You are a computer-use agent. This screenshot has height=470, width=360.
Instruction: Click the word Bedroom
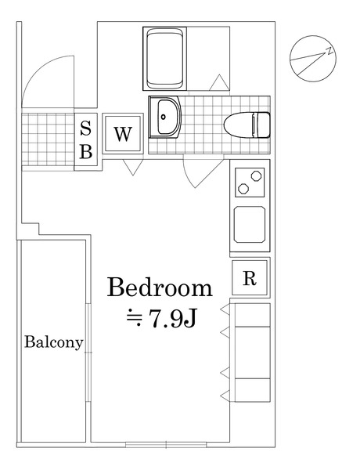[160, 287]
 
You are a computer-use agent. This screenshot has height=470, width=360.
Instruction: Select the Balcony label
[54, 342]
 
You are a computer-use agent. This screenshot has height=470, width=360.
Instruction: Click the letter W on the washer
[123, 134]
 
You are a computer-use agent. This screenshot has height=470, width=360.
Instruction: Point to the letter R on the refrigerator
[250, 278]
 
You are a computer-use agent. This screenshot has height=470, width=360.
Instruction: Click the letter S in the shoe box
[86, 128]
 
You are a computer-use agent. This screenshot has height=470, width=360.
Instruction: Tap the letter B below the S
[86, 151]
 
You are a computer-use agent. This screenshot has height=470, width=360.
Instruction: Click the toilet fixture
[247, 125]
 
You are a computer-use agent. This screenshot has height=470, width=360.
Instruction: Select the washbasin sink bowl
[167, 117]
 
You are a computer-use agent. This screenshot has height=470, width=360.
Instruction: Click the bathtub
[165, 59]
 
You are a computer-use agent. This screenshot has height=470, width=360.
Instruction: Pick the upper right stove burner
[256, 175]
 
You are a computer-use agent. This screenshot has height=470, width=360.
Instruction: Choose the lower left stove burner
[243, 188]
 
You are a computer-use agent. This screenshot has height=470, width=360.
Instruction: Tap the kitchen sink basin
[250, 224]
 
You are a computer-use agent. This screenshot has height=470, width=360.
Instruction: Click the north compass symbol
[313, 59]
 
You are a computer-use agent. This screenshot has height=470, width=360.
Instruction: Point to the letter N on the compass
[329, 51]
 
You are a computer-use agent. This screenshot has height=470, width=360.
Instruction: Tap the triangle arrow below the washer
[133, 168]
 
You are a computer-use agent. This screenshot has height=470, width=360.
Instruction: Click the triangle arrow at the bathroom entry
[219, 82]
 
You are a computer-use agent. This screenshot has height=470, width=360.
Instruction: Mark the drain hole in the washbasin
[164, 117]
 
